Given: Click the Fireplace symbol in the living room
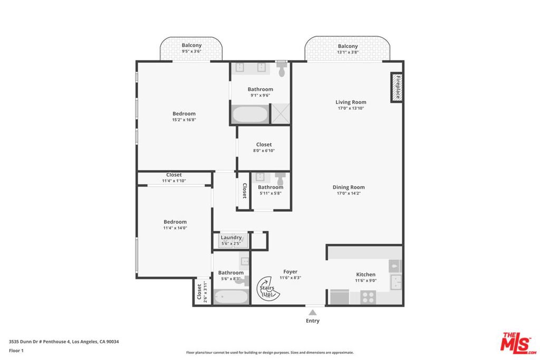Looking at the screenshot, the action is coord(397,87).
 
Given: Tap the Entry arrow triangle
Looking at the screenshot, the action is coord(312,313).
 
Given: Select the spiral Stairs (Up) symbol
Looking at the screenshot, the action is coord(268,288).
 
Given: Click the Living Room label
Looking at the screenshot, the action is coord(351,102).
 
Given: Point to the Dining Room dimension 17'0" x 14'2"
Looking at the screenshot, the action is coord(349,193).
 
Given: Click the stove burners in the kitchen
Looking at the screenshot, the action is coord(368,298).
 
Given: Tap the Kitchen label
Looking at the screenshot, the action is coord(366,274).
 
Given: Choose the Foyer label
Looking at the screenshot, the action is coord(291,271).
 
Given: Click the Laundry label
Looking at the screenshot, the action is coord(231,238).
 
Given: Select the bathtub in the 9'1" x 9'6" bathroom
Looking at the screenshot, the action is coord(250,114).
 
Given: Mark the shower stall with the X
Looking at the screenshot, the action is coord(281,113).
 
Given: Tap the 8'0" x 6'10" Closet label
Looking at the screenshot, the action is coord(264,144).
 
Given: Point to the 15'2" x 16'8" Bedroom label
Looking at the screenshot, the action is coord(184,113).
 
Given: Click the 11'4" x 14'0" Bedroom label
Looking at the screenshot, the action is coord(175,222).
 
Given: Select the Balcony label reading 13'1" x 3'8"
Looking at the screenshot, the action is coord(348,46).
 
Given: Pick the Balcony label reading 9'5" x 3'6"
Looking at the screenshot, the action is coord(191,45).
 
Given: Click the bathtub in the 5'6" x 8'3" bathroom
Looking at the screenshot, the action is coord(231,297).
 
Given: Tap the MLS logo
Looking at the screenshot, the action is coord(518,343).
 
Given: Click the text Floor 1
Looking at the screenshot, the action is coord(16,351).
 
